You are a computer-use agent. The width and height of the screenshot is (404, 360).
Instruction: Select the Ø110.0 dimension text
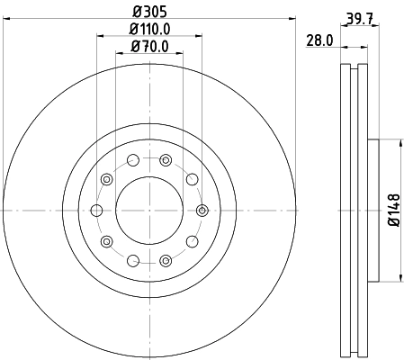(148, 30)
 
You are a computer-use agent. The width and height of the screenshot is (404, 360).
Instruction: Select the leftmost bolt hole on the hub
(97, 211)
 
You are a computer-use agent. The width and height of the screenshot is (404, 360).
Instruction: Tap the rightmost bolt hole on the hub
(200, 211)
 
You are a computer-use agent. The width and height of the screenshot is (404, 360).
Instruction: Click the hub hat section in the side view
(373, 211)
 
